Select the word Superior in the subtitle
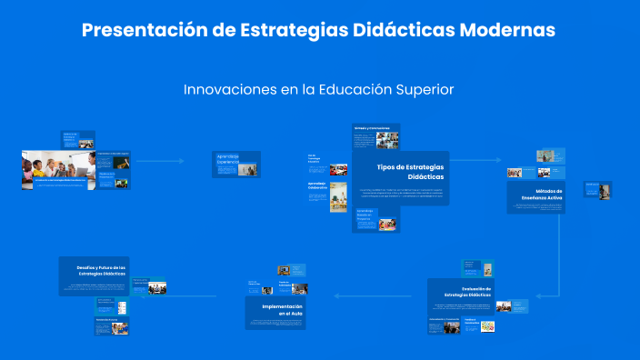point(424,89)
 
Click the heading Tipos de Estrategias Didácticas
point(411,171)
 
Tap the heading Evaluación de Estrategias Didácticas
point(469,292)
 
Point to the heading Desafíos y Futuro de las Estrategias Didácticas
point(94,268)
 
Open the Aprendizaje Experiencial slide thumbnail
point(235,164)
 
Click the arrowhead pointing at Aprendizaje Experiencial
point(182,162)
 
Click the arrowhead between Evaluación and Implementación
point(335,295)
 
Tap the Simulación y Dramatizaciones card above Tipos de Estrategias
point(375,139)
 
